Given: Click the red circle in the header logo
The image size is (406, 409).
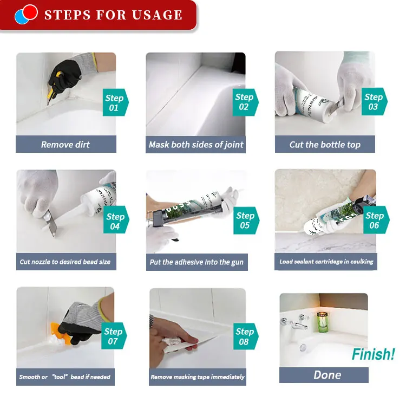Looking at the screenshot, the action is (x=29, y=12).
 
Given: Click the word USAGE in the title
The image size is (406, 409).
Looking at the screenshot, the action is (x=157, y=15).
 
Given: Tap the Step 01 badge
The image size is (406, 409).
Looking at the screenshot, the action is (x=115, y=102).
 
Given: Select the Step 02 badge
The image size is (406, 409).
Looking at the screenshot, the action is (x=245, y=102).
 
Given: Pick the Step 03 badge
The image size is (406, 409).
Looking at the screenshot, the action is (x=374, y=102).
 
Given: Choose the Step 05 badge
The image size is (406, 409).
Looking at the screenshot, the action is (x=246, y=220).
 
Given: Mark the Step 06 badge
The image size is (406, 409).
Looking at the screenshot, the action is (x=376, y=220).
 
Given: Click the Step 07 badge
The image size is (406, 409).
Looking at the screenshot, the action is (x=114, y=336).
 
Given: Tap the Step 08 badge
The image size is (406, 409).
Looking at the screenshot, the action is (x=245, y=336).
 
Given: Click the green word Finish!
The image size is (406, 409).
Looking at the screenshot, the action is (x=373, y=354).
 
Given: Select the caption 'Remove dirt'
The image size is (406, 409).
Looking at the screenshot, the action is (x=66, y=145).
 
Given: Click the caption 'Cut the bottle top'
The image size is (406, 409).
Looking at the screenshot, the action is (x=325, y=145).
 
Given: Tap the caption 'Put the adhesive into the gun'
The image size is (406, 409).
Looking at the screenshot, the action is (x=197, y=262).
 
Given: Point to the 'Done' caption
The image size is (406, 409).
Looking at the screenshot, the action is (x=328, y=375).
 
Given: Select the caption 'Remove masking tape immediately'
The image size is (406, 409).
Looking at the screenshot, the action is (x=198, y=377).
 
